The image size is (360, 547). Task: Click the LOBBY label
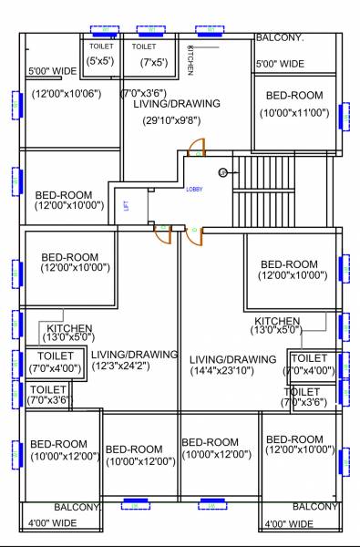pyautogui.click(x=195, y=190)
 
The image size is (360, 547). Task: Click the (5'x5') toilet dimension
pyautogui.click(x=99, y=62)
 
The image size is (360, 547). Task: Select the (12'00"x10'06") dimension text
pyautogui.click(x=68, y=93)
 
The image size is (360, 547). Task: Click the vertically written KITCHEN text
pyautogui.click(x=190, y=58)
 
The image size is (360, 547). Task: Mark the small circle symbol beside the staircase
pyautogui.click(x=221, y=171)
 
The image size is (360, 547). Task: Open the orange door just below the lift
pyautogui.click(x=161, y=234)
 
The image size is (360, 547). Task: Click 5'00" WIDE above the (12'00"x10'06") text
pyautogui.click(x=52, y=70)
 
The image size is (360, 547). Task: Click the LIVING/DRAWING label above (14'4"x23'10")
pyautogui.click(x=232, y=358)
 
